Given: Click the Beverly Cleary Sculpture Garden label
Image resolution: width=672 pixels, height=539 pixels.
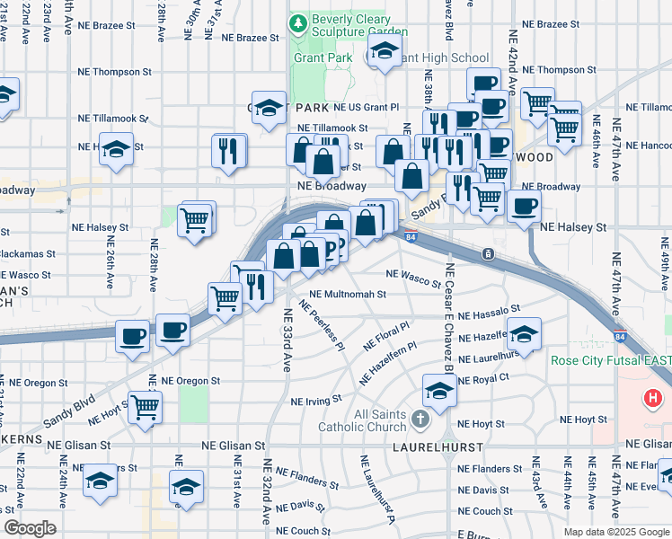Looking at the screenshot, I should click(x=350, y=27).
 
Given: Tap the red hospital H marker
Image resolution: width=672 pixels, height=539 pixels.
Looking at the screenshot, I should click(x=653, y=397).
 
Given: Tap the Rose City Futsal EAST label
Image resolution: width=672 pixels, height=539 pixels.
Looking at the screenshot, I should click(x=610, y=361).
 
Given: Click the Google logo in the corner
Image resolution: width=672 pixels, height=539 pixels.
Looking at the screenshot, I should click(x=29, y=528).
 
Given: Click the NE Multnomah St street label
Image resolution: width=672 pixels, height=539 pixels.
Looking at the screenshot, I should click(x=347, y=294).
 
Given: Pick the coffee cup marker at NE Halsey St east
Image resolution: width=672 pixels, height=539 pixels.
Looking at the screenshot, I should click(x=524, y=205).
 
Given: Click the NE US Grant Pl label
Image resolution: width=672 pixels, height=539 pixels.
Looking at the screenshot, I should click(x=366, y=107).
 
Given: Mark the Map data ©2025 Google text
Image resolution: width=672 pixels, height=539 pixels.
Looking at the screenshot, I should click(x=615, y=532).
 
